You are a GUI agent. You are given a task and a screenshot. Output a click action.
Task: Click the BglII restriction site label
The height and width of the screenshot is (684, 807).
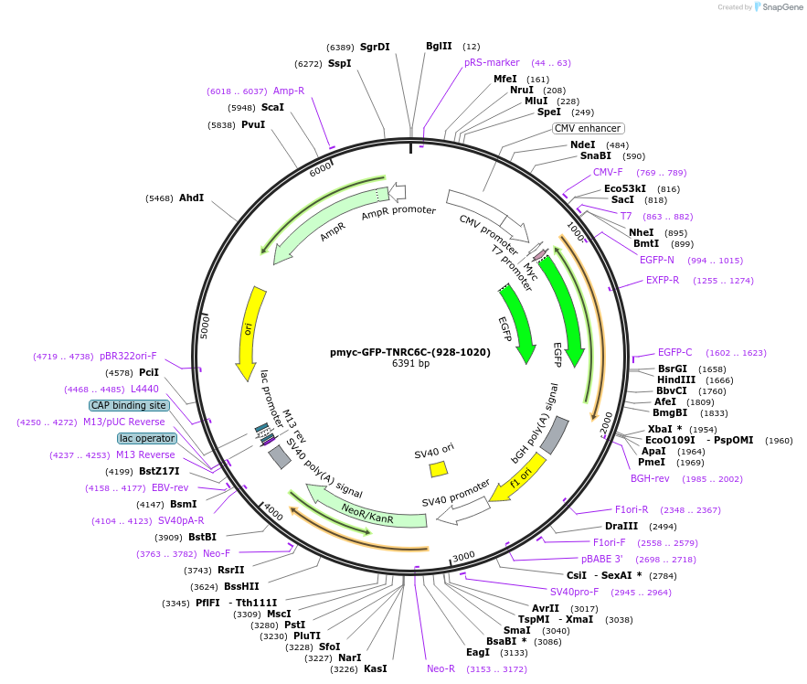[x=439, y=46]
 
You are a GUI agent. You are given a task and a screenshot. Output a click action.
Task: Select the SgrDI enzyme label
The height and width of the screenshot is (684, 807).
[x=375, y=47]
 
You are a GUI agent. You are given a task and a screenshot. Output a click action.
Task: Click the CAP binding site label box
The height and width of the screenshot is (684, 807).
[x=129, y=405]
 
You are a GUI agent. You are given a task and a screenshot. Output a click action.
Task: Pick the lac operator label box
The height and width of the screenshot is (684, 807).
[x=146, y=438]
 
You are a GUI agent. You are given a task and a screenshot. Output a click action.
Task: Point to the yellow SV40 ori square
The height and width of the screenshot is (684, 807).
[x=439, y=468]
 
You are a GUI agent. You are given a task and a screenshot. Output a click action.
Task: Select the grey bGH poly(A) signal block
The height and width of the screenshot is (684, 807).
[x=555, y=435]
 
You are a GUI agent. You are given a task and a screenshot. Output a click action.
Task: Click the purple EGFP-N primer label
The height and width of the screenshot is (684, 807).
[x=657, y=260]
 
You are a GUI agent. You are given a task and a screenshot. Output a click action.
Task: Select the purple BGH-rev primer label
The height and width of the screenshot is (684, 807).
[x=650, y=478]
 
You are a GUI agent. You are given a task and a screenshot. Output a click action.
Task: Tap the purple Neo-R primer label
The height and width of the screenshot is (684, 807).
[x=441, y=668]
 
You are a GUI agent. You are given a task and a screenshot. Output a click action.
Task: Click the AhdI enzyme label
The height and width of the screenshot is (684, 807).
[x=191, y=198]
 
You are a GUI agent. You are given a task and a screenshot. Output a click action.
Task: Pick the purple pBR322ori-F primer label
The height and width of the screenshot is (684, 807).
[x=128, y=356]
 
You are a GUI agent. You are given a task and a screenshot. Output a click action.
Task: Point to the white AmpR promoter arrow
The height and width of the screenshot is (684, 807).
[x=398, y=192]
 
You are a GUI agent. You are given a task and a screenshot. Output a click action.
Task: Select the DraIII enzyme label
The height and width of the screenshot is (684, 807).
[x=621, y=526]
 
